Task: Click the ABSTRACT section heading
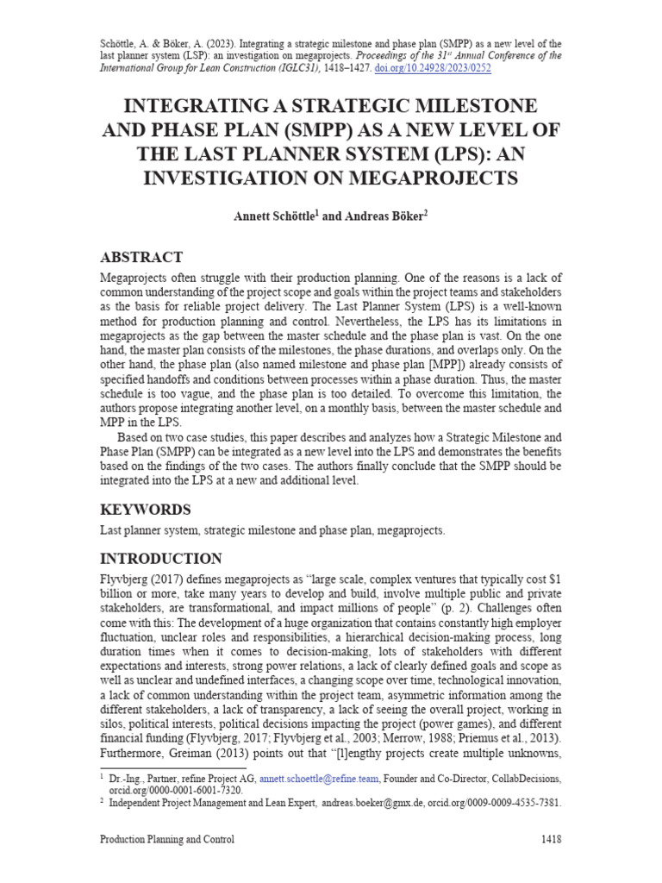coord(141,257)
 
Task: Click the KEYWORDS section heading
coord(146,509)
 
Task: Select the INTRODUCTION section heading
coord(161,558)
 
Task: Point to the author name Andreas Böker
coord(384,217)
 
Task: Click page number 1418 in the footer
coord(551,839)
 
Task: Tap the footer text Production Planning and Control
coord(167,839)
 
